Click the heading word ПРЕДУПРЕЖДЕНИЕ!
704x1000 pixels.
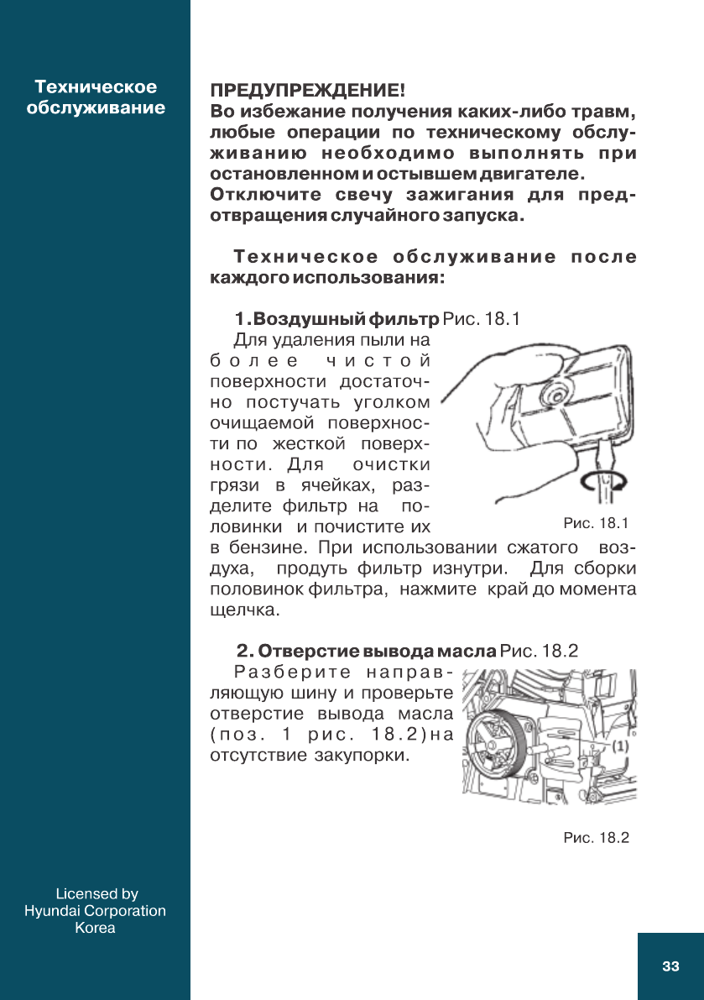click(307, 90)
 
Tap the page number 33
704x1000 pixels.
click(670, 966)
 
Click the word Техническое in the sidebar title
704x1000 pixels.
click(96, 87)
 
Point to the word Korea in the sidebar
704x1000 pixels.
click(95, 928)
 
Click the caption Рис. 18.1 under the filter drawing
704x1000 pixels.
click(596, 524)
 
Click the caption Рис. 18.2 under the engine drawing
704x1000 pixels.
click(596, 838)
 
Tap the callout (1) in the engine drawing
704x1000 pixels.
click(619, 745)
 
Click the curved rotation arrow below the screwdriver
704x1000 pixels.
click(602, 481)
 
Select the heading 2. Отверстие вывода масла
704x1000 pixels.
click(367, 651)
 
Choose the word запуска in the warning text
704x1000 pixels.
click(488, 216)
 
